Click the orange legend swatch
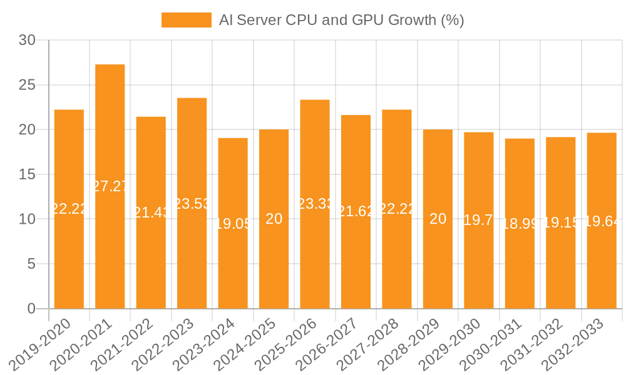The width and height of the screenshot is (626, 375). click(x=186, y=20)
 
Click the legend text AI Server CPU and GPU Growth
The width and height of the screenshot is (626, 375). click(x=341, y=20)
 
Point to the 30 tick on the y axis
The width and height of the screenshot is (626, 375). click(x=27, y=41)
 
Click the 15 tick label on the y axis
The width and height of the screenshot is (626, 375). click(x=27, y=174)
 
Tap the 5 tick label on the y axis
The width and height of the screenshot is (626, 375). click(x=31, y=264)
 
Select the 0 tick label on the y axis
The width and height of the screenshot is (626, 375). click(x=31, y=309)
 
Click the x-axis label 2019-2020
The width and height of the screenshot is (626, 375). click(x=41, y=344)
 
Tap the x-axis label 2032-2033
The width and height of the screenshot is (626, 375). click(x=573, y=344)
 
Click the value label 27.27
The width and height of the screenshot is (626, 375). click(x=110, y=186)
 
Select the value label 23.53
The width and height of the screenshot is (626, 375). click(x=192, y=204)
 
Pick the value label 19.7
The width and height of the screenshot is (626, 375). click(x=479, y=220)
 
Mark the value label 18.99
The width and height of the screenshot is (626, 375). click(x=520, y=224)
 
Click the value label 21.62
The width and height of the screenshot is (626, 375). click(x=356, y=212)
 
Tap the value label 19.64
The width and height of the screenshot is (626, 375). click(x=602, y=221)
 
